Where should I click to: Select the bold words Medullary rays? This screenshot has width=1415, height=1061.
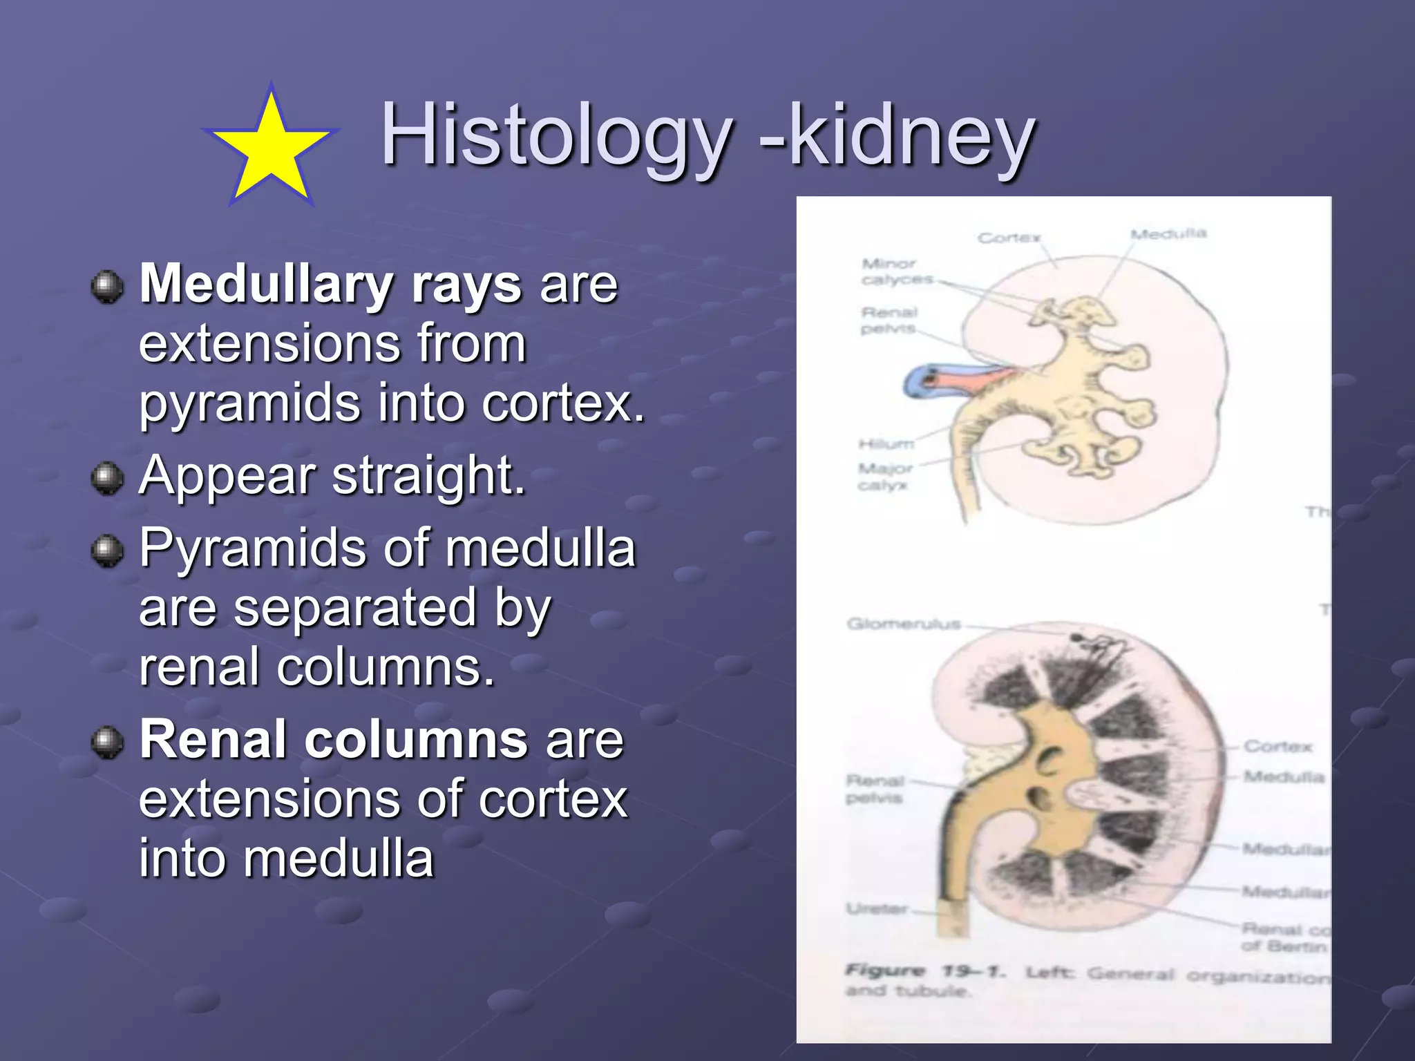330,284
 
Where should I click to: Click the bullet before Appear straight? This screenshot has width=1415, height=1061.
107,477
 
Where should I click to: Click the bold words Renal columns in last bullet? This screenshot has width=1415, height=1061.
334,739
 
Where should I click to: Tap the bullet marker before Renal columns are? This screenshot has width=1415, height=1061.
107,742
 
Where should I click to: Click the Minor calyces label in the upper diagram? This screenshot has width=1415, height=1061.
895,271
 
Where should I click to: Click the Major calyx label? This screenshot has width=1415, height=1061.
884,477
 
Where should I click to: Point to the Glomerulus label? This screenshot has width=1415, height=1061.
903,624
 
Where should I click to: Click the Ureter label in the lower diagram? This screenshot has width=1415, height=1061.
877,909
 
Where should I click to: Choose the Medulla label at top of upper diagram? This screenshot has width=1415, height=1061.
1168,234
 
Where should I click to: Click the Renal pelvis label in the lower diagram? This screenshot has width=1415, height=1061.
875,789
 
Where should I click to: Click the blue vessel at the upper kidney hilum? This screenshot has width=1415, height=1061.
919,381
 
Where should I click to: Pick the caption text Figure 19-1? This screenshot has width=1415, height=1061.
924,971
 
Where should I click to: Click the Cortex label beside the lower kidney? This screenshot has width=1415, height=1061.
1278,747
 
